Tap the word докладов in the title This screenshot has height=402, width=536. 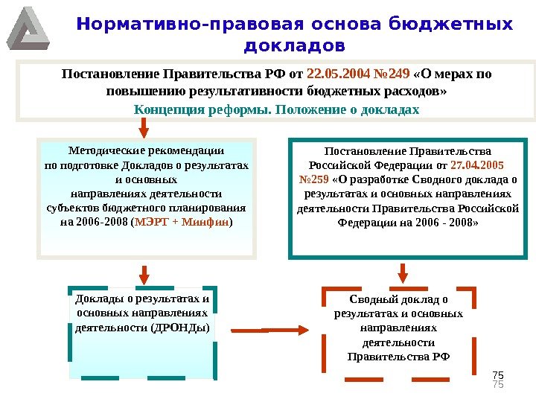[295, 46]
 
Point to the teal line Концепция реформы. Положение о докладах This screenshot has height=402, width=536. [276, 109]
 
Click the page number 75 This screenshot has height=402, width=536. [499, 375]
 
